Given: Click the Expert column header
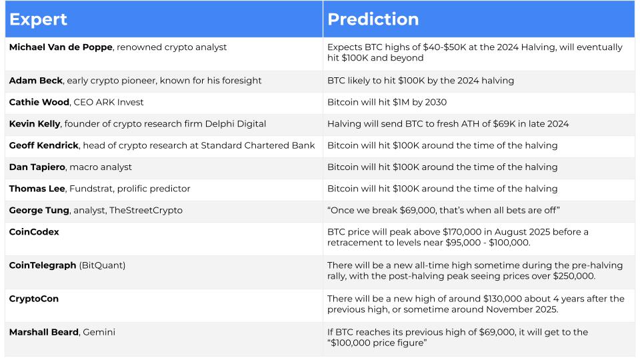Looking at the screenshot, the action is pos(38,19).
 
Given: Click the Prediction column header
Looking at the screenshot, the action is pos(373,19).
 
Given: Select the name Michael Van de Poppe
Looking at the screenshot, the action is pos(61,47).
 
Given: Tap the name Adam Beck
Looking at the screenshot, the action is pos(36,81).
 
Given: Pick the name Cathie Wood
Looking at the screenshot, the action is pos(39,102).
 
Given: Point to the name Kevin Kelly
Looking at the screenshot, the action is pos(35,124).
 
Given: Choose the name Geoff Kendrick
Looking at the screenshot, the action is pos(44,145).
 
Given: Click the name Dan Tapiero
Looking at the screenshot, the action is pos(37,167).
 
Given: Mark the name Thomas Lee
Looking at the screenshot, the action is pos(37,189).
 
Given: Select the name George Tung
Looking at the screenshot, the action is pos(39,210).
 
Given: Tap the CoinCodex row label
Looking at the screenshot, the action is pos(34,232).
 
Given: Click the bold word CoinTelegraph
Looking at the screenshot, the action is pos(43,265).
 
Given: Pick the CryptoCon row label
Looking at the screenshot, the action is pos(34,299).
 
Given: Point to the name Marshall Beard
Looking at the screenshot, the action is pos(44,332).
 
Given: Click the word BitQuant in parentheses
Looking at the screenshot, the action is pos(102,265).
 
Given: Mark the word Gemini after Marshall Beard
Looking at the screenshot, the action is pos(99,332).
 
